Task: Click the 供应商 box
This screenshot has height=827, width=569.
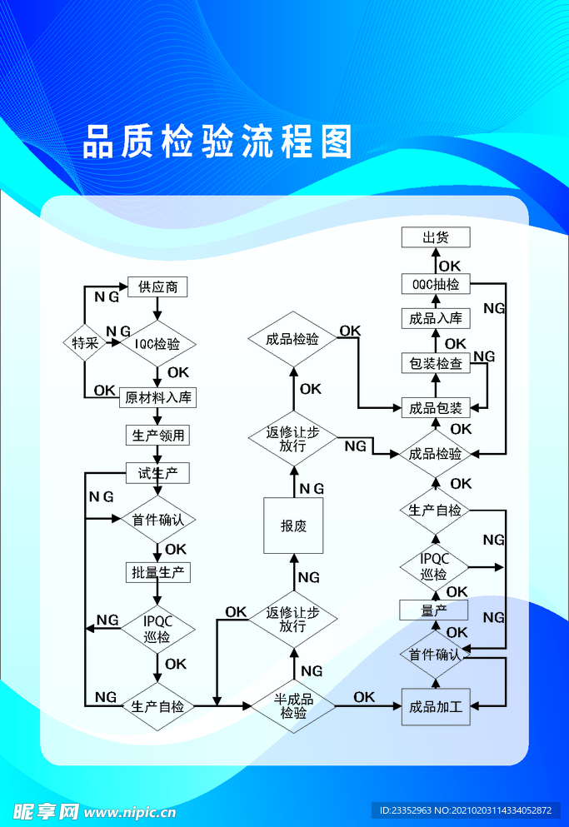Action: (157, 287)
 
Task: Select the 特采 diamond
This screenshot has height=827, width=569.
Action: (85, 342)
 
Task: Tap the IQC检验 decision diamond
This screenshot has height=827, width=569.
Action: (157, 343)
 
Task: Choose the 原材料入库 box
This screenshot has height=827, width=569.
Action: (158, 397)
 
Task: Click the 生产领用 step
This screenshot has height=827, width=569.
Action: (157, 435)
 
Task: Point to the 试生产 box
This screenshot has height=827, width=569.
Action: (157, 474)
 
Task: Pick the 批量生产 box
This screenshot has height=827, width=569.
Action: (157, 572)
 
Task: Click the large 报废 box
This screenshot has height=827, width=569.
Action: (293, 526)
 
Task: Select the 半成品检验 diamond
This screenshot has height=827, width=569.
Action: (293, 706)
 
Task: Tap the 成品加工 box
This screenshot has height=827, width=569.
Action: (435, 707)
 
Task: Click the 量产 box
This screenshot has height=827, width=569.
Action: (434, 610)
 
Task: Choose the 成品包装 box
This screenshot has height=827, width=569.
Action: (435, 407)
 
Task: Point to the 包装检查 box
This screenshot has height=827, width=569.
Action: (435, 363)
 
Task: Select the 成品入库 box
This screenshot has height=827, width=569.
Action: (435, 318)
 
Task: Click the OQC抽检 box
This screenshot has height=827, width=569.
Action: (435, 284)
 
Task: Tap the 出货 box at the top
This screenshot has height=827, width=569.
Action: (435, 237)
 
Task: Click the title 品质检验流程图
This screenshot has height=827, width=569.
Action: (217, 142)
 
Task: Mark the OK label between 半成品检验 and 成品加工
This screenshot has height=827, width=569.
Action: (364, 697)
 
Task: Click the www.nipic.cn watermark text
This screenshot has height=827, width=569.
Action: (130, 811)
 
